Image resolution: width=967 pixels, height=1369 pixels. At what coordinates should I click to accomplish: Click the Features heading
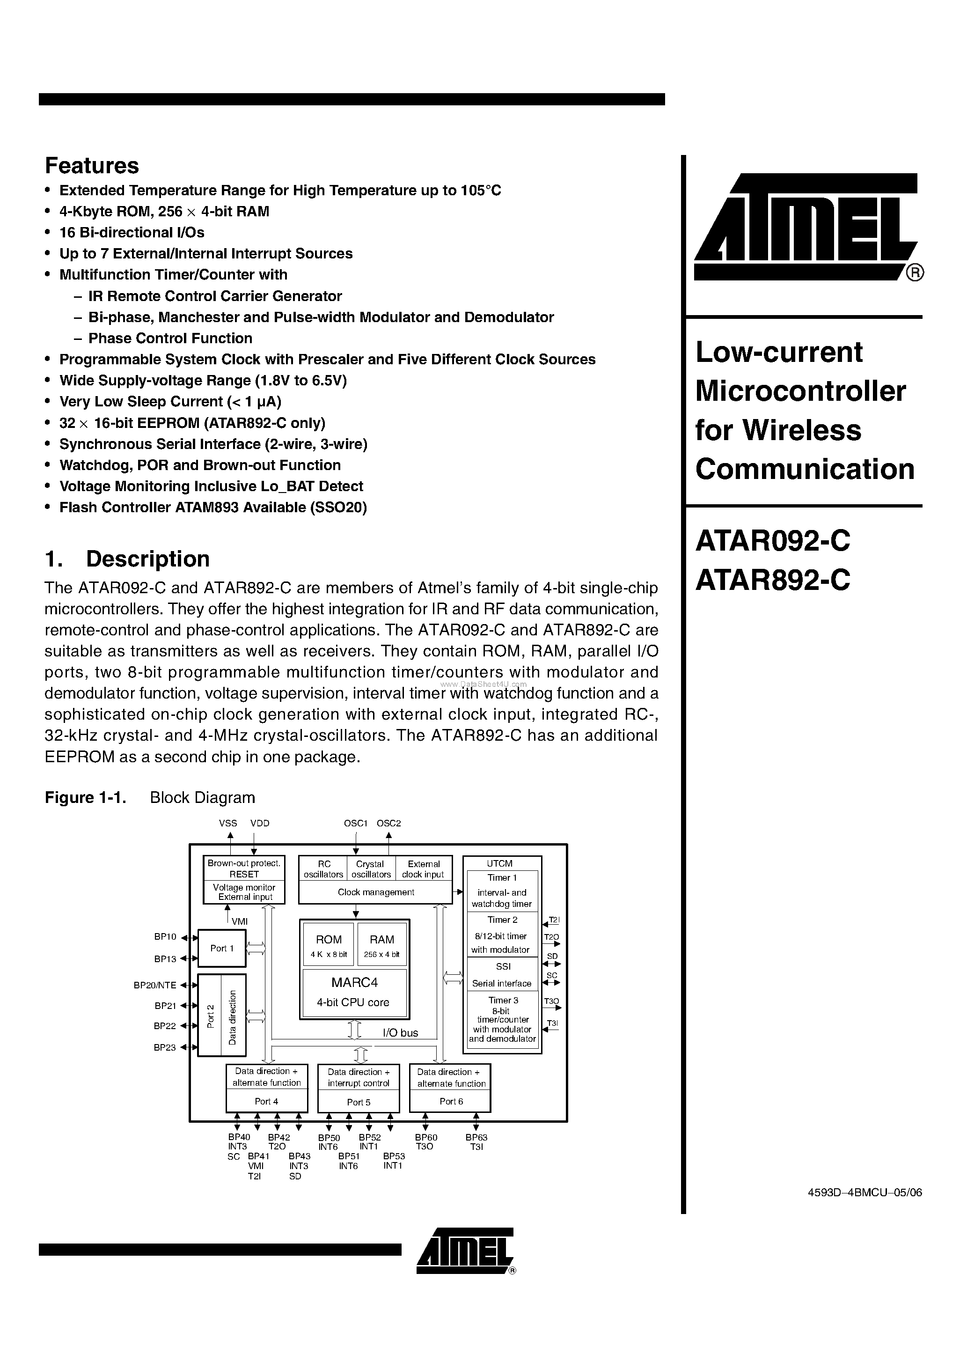tap(92, 166)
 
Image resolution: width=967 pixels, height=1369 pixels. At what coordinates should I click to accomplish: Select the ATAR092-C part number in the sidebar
tap(773, 541)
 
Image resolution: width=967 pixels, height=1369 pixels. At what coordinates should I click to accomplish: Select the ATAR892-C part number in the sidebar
tap(773, 580)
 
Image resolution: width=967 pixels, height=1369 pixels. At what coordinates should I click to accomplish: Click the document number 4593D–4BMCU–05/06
tap(864, 1192)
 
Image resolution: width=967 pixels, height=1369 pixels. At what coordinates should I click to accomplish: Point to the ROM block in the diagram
tap(329, 944)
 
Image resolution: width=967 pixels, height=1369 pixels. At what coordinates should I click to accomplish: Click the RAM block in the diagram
tap(381, 944)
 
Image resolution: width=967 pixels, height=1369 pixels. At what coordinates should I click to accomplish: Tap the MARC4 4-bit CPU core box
tap(354, 993)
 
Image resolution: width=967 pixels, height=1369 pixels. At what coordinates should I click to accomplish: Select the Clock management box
tap(375, 892)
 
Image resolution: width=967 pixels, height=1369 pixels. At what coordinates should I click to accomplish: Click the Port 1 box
tap(222, 948)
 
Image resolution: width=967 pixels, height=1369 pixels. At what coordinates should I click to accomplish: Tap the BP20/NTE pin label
tap(154, 985)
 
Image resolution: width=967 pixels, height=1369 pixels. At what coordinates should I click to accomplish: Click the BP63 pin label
tap(476, 1137)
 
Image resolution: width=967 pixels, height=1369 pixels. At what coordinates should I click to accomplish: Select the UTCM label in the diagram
tap(499, 863)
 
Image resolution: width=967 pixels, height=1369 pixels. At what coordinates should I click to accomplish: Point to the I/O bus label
tap(400, 1033)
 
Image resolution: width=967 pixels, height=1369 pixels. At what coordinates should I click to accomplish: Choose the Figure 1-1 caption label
tap(85, 798)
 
